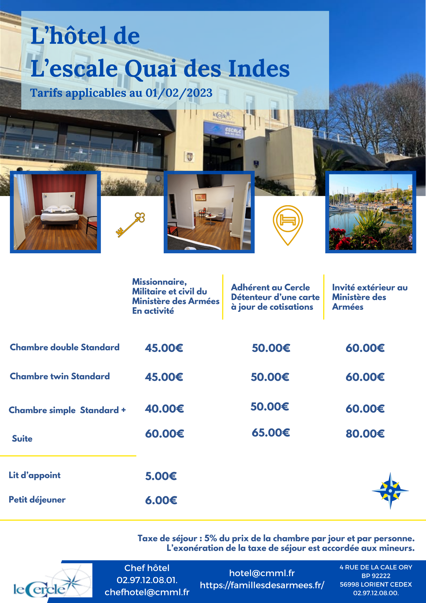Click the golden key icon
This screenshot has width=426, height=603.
(130, 225)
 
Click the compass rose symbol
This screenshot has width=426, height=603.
(390, 490)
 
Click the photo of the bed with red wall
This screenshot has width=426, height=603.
(55, 212)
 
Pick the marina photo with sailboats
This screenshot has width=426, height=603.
(370, 212)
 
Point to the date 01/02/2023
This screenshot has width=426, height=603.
(179, 93)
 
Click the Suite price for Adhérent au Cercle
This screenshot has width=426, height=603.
(271, 433)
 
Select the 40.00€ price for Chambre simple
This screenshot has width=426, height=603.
(164, 409)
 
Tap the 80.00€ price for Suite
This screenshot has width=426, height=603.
(365, 434)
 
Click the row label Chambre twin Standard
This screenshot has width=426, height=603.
(60, 376)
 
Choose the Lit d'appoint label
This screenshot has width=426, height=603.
(35, 475)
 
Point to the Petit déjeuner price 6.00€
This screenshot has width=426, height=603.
(161, 500)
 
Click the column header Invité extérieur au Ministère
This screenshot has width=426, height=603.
(370, 297)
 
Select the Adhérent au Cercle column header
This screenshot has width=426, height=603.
(275, 297)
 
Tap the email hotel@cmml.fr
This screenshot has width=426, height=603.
(262, 573)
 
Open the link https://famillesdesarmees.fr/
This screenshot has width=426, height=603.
(262, 585)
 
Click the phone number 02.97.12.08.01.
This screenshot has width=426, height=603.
(147, 580)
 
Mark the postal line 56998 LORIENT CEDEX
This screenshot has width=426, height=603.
(376, 584)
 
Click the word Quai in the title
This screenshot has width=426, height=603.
(150, 68)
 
